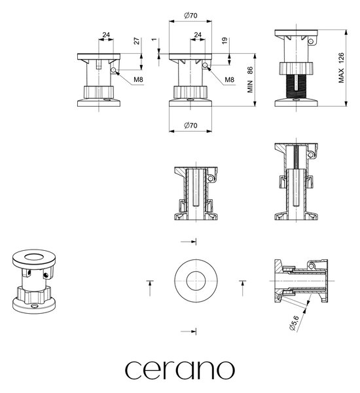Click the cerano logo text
[x=179, y=370]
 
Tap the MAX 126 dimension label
[x=341, y=67]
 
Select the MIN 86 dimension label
[x=250, y=79]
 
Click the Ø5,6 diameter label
[x=294, y=323]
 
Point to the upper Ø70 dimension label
[x=190, y=16]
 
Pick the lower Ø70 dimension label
[x=190, y=125]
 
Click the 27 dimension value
[x=137, y=41]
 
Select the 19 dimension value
[x=225, y=41]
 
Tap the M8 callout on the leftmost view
[x=138, y=79]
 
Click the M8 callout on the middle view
[x=230, y=80]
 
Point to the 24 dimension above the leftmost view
[x=106, y=35]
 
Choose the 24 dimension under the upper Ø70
[x=198, y=35]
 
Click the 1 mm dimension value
[x=154, y=39]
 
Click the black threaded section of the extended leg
[x=297, y=86]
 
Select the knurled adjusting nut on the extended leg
[x=297, y=68]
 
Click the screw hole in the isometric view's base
[x=34, y=306]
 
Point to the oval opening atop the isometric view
[x=34, y=257]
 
